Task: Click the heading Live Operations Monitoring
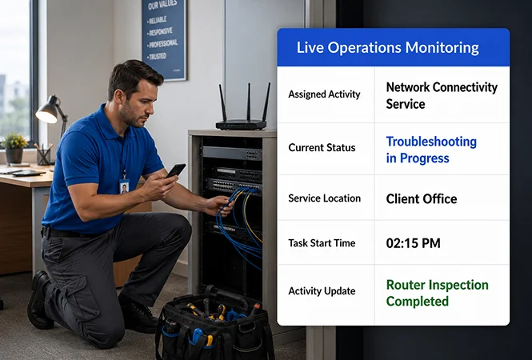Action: (387, 48)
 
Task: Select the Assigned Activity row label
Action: (324, 94)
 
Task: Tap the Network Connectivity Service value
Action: (442, 95)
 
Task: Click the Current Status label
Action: (322, 147)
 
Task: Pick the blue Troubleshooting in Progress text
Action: (431, 150)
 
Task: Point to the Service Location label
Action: (324, 198)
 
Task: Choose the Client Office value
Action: (422, 199)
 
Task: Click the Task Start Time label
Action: (322, 243)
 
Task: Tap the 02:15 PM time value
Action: (414, 243)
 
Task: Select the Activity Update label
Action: (322, 290)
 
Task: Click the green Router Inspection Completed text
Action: (437, 293)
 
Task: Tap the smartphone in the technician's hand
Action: (175, 170)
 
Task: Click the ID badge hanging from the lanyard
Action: (124, 186)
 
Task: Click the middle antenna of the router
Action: (248, 102)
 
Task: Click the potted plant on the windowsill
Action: (14, 148)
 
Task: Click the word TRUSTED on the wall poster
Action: (158, 56)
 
